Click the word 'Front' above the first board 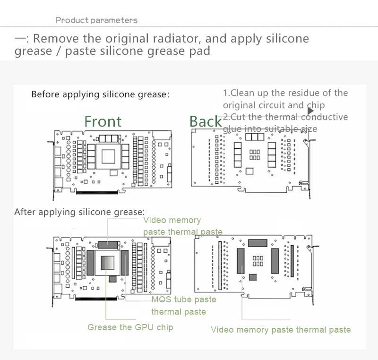pyautogui.click(x=103, y=121)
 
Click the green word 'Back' pyautogui.click(x=205, y=122)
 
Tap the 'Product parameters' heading pyautogui.click(x=96, y=20)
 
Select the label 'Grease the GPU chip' pyautogui.click(x=130, y=327)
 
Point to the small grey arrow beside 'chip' pyautogui.click(x=310, y=110)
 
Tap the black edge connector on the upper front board pyautogui.click(x=97, y=192)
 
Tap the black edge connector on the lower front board pyautogui.click(x=97, y=299)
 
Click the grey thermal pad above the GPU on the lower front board pyautogui.click(x=109, y=244)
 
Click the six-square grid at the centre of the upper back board pyautogui.click(x=255, y=154)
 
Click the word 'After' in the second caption pyautogui.click(x=25, y=211)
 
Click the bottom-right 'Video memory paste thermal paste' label pyautogui.click(x=281, y=329)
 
